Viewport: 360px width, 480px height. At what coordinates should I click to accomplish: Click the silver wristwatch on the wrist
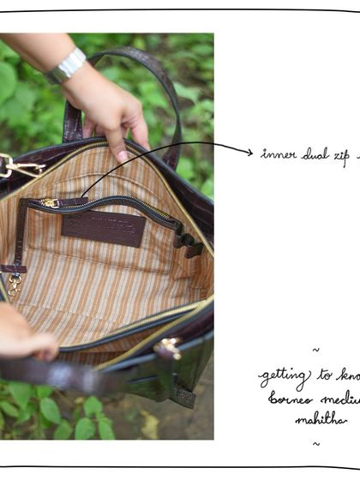coord(68,65)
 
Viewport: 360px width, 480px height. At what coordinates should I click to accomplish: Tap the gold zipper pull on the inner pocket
coord(50,203)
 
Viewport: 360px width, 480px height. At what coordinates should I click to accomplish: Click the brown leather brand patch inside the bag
coord(104,228)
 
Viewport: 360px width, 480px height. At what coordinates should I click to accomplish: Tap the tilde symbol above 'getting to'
coord(316,350)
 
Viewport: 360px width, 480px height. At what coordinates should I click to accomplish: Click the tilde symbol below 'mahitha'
coord(315,443)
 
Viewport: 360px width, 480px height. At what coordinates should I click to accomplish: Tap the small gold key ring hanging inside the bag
coord(13,284)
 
